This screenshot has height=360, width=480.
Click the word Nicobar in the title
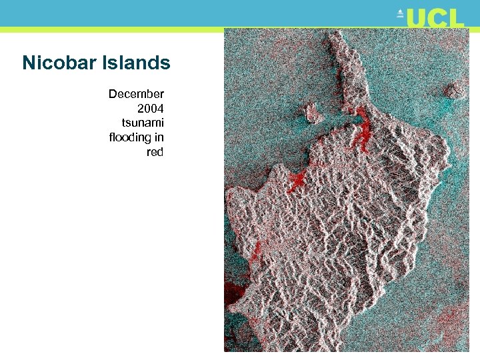[59, 63]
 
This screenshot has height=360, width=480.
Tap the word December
[136, 94]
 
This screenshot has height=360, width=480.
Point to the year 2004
[150, 108]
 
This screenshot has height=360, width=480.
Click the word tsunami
[143, 123]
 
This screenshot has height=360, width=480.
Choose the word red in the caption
[155, 152]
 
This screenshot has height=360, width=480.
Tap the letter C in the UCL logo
[437, 18]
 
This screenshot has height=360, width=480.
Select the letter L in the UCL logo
[455, 18]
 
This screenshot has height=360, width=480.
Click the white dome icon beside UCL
[400, 14]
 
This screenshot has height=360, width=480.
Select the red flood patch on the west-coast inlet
[295, 179]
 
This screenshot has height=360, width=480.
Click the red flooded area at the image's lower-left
[233, 297]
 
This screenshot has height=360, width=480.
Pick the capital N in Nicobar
[29, 63]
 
